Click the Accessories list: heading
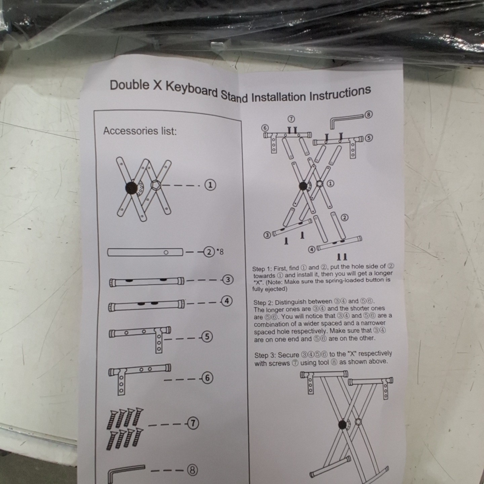point(140,131)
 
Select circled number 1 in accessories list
point(210,185)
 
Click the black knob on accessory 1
point(131,188)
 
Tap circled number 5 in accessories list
point(207,336)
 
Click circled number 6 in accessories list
point(207,378)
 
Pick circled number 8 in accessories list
point(193,470)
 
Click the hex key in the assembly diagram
point(347,120)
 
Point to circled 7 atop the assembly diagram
point(291,119)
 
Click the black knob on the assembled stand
point(342,425)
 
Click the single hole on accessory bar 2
point(166,253)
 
